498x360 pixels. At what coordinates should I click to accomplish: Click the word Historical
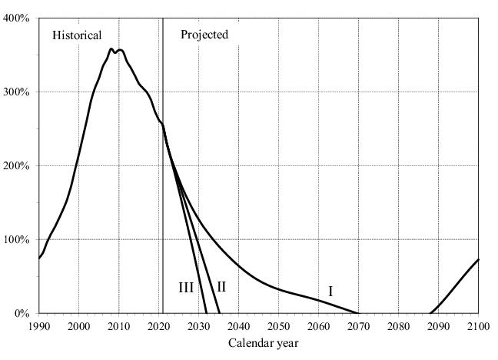tap(77, 35)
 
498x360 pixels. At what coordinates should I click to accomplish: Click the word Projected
tap(204, 35)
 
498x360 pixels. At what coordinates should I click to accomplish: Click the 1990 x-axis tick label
tap(39, 327)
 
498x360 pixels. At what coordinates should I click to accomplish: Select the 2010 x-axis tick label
tap(118, 327)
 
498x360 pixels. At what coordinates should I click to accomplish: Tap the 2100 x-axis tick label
tap(478, 327)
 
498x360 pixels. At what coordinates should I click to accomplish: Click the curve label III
tap(186, 288)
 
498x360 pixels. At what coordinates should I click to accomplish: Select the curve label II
tap(221, 287)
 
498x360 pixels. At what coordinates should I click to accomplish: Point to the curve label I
tap(330, 292)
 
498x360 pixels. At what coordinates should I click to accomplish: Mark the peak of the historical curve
tap(111, 49)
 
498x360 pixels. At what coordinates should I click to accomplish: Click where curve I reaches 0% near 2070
tap(357, 312)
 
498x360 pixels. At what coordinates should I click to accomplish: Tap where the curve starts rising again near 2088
tap(430, 312)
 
